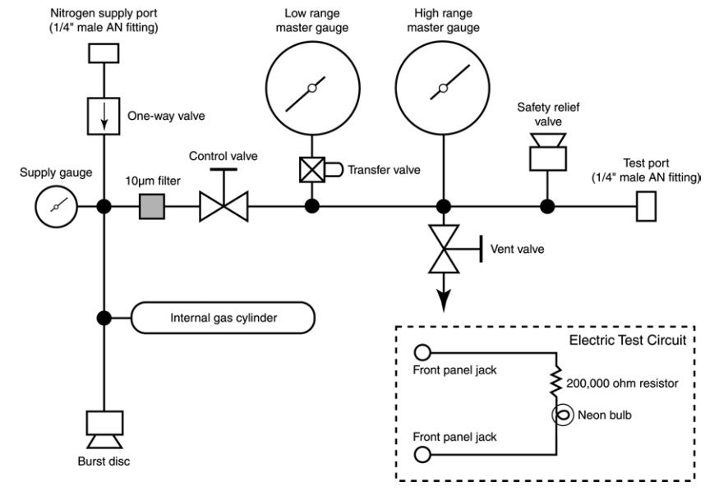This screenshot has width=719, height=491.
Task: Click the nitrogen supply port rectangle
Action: click(104, 53)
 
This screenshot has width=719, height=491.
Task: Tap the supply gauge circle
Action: click(56, 206)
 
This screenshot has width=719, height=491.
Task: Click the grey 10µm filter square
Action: click(152, 206)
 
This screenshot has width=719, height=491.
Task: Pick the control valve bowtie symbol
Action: click(224, 206)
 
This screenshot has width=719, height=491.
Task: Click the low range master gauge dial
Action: click(311, 89)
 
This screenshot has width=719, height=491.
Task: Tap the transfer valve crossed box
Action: click(311, 170)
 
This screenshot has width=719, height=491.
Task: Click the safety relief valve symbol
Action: click(546, 149)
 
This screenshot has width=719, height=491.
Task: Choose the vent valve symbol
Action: click(444, 248)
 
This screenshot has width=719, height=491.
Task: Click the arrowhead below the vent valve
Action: click(444, 301)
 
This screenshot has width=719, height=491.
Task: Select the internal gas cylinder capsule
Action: click(224, 318)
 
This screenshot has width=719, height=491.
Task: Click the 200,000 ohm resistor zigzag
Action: click(557, 380)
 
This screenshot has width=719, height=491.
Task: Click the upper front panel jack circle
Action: click(423, 352)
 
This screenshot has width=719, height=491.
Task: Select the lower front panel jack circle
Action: click(423, 454)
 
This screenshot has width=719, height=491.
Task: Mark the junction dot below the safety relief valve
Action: click(546, 206)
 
